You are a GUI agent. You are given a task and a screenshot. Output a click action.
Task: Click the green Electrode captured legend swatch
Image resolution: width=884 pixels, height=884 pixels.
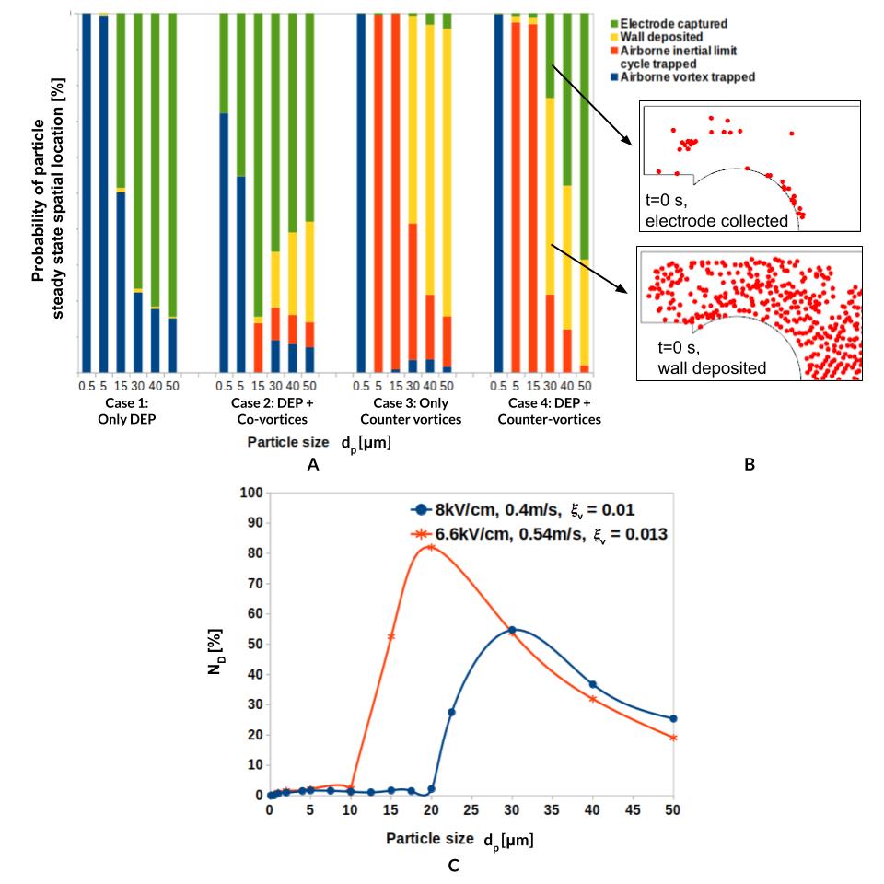(612, 22)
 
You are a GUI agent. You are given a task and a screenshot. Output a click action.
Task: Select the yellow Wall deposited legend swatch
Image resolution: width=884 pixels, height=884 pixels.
(612, 37)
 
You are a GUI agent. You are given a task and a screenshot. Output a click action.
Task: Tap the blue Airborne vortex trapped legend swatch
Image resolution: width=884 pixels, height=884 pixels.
(612, 77)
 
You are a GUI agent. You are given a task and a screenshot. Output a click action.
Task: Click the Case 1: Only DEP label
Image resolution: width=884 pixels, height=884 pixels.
(129, 412)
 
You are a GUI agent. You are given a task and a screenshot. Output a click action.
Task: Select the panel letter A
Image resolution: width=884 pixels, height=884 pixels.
(313, 466)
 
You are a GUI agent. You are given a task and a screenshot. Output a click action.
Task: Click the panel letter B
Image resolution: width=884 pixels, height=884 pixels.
(749, 466)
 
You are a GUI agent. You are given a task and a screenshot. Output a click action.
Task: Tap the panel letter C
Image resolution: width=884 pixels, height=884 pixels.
(451, 866)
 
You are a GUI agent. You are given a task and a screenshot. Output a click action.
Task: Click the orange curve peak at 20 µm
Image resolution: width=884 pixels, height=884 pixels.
(431, 547)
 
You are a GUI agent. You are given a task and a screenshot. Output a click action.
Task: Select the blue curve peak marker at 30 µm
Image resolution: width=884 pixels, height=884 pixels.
(512, 630)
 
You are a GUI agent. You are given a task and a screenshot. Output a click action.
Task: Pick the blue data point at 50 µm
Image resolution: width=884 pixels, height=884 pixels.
(673, 718)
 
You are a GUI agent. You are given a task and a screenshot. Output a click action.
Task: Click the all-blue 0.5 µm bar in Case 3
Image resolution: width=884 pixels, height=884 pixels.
(361, 192)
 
